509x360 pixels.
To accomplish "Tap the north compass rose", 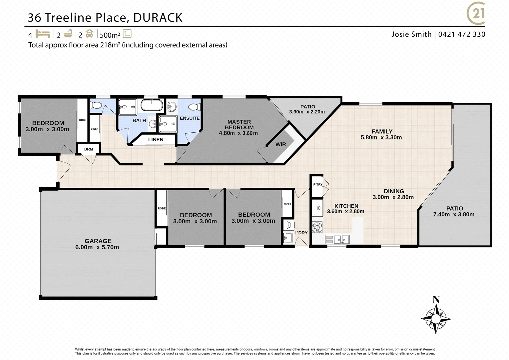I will pos(436,317).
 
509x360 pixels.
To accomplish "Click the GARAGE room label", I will pos(98,241).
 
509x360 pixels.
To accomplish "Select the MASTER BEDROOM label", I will pos(239,124).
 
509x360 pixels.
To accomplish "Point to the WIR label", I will pos(280,144).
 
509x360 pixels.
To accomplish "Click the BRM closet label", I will pos(88,149).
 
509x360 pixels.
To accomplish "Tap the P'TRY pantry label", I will pos(317,184).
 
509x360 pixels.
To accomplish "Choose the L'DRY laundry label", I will pos(300,233).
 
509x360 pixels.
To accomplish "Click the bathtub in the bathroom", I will pos(152,105).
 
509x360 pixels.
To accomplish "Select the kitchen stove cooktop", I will pos(317,227).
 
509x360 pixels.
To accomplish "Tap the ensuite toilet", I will pos(194,107).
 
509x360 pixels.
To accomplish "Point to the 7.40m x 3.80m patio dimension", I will pos(454,214).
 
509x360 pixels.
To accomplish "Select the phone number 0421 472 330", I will pos(461,34).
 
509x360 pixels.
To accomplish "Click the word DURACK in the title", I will pos(158,18).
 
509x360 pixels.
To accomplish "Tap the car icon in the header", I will pos(89,34).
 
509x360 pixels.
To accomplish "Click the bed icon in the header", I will pos(42,34).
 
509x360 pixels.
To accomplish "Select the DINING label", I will pos(394,191).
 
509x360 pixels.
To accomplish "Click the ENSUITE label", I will pos(190,118).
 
